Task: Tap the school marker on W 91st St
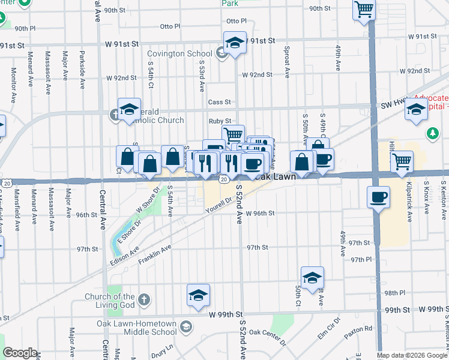(x=235, y=43)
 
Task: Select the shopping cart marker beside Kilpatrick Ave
(x=402, y=160)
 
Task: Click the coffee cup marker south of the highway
(x=378, y=197)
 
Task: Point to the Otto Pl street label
(x=170, y=26)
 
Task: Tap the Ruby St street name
(x=220, y=121)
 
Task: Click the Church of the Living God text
(x=109, y=301)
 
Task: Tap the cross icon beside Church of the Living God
(x=143, y=299)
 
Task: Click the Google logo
(x=20, y=353)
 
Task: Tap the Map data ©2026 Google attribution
(x=411, y=355)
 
